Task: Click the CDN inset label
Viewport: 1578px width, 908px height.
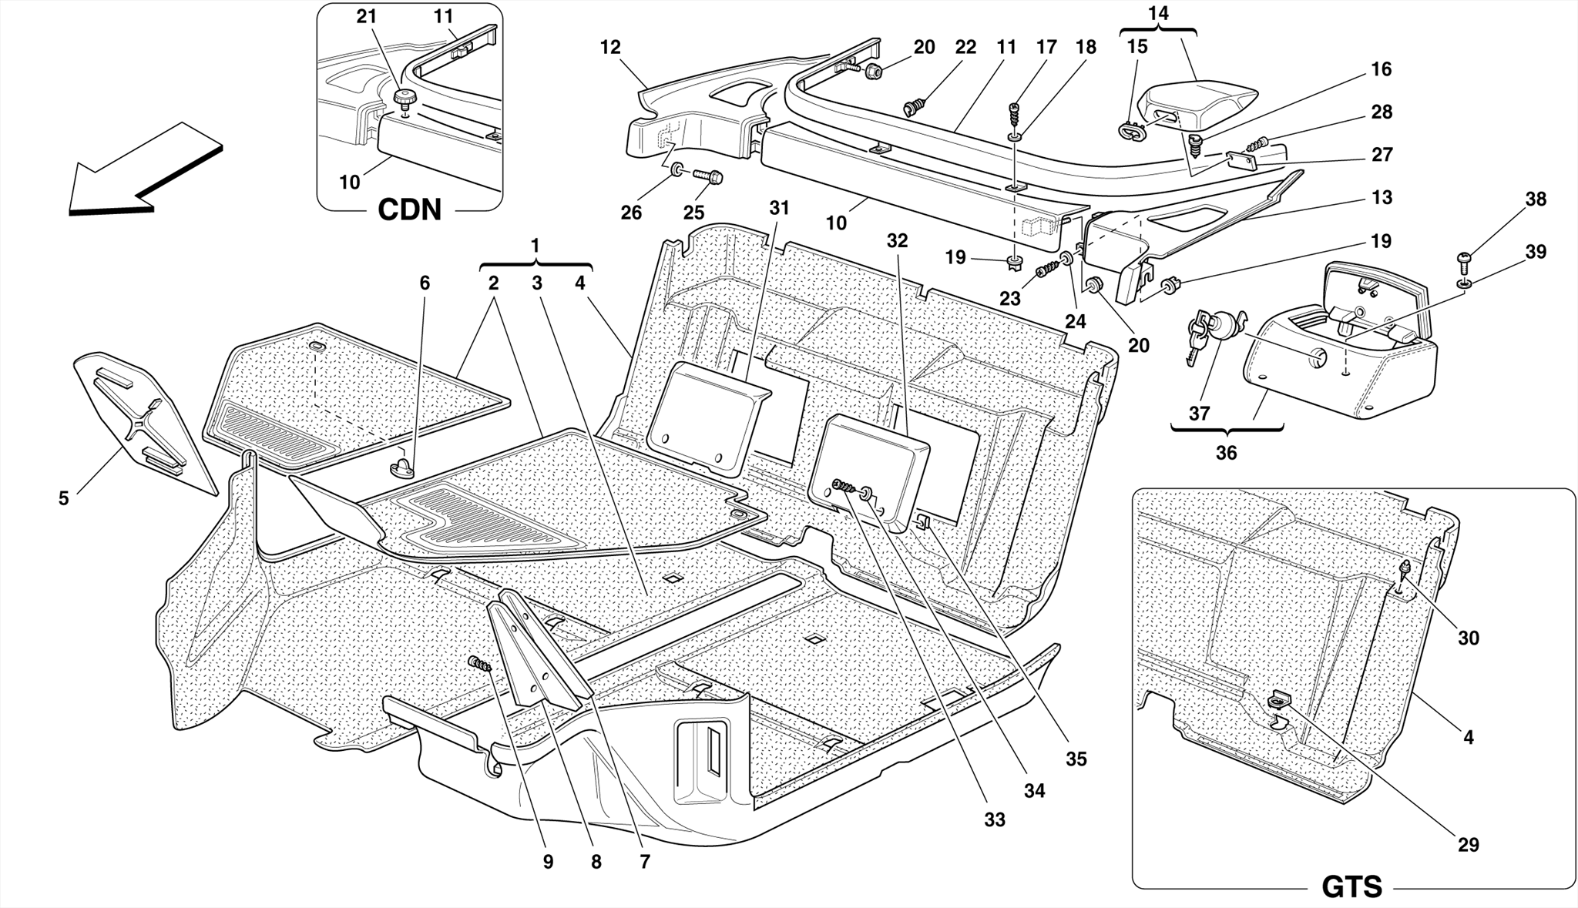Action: [x=409, y=209]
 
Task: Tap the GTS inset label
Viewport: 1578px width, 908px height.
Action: [x=1351, y=886]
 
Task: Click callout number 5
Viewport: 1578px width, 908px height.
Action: [x=63, y=498]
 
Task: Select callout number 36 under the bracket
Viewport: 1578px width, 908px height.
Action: [x=1226, y=453]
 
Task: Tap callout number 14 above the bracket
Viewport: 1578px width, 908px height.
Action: [x=1158, y=13]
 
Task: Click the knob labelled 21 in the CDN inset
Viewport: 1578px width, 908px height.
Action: [x=403, y=99]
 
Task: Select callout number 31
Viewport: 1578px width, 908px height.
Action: [x=779, y=208]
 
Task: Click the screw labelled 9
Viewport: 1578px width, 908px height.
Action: [x=480, y=663]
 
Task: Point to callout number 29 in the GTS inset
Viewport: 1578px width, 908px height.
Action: [x=1469, y=845]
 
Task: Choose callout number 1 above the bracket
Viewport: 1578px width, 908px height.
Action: [x=535, y=246]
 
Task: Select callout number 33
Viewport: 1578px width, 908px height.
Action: [x=995, y=820]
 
